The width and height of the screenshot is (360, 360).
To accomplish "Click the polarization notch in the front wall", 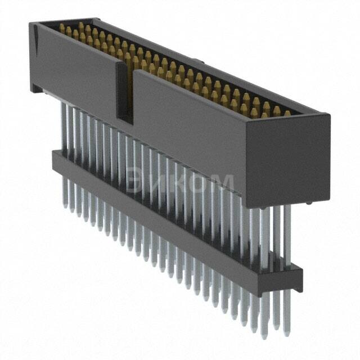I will pyautogui.click(x=125, y=93).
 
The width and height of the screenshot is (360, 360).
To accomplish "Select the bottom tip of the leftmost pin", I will pyautogui.click(x=64, y=206).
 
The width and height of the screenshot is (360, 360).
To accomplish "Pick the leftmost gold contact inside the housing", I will pyautogui.click(x=62, y=26).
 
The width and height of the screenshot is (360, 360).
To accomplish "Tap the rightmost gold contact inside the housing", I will pyautogui.click(x=287, y=113).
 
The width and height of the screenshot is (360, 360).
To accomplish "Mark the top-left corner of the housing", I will pyautogui.click(x=31, y=24).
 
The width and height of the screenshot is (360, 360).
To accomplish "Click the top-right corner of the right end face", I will pyautogui.click(x=329, y=115).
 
